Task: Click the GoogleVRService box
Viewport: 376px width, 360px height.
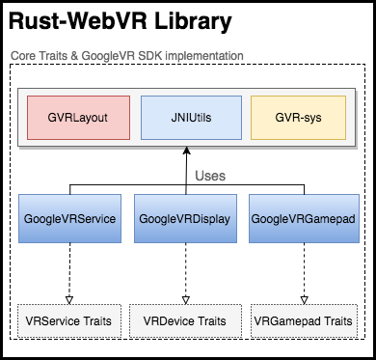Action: click(69, 219)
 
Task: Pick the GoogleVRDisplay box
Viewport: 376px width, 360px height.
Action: click(183, 219)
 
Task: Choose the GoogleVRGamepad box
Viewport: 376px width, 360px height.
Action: click(303, 219)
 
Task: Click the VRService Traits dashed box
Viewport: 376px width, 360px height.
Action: click(69, 319)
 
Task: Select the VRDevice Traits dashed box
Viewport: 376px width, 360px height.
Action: click(184, 319)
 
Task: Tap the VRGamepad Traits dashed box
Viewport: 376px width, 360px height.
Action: click(303, 319)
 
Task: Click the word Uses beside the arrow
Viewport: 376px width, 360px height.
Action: click(210, 177)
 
